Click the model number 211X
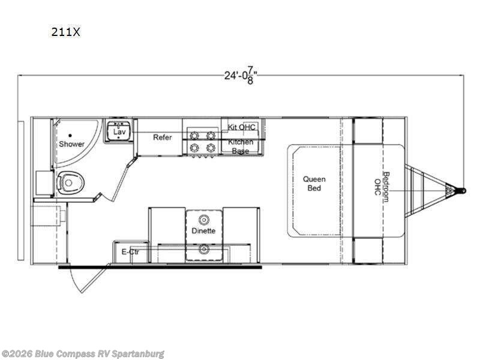65,32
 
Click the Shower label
71,144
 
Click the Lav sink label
119,131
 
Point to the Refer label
162,137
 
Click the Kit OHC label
241,127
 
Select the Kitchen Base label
241,146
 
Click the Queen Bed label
314,183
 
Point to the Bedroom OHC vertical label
382,187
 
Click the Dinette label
203,230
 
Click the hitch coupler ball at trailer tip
460,191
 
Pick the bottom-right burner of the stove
211,146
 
